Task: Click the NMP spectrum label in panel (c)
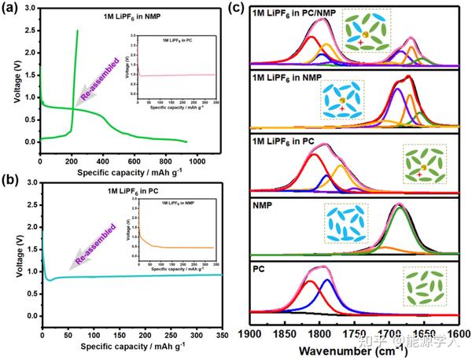tap(263, 207)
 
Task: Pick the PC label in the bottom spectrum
tap(259, 269)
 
